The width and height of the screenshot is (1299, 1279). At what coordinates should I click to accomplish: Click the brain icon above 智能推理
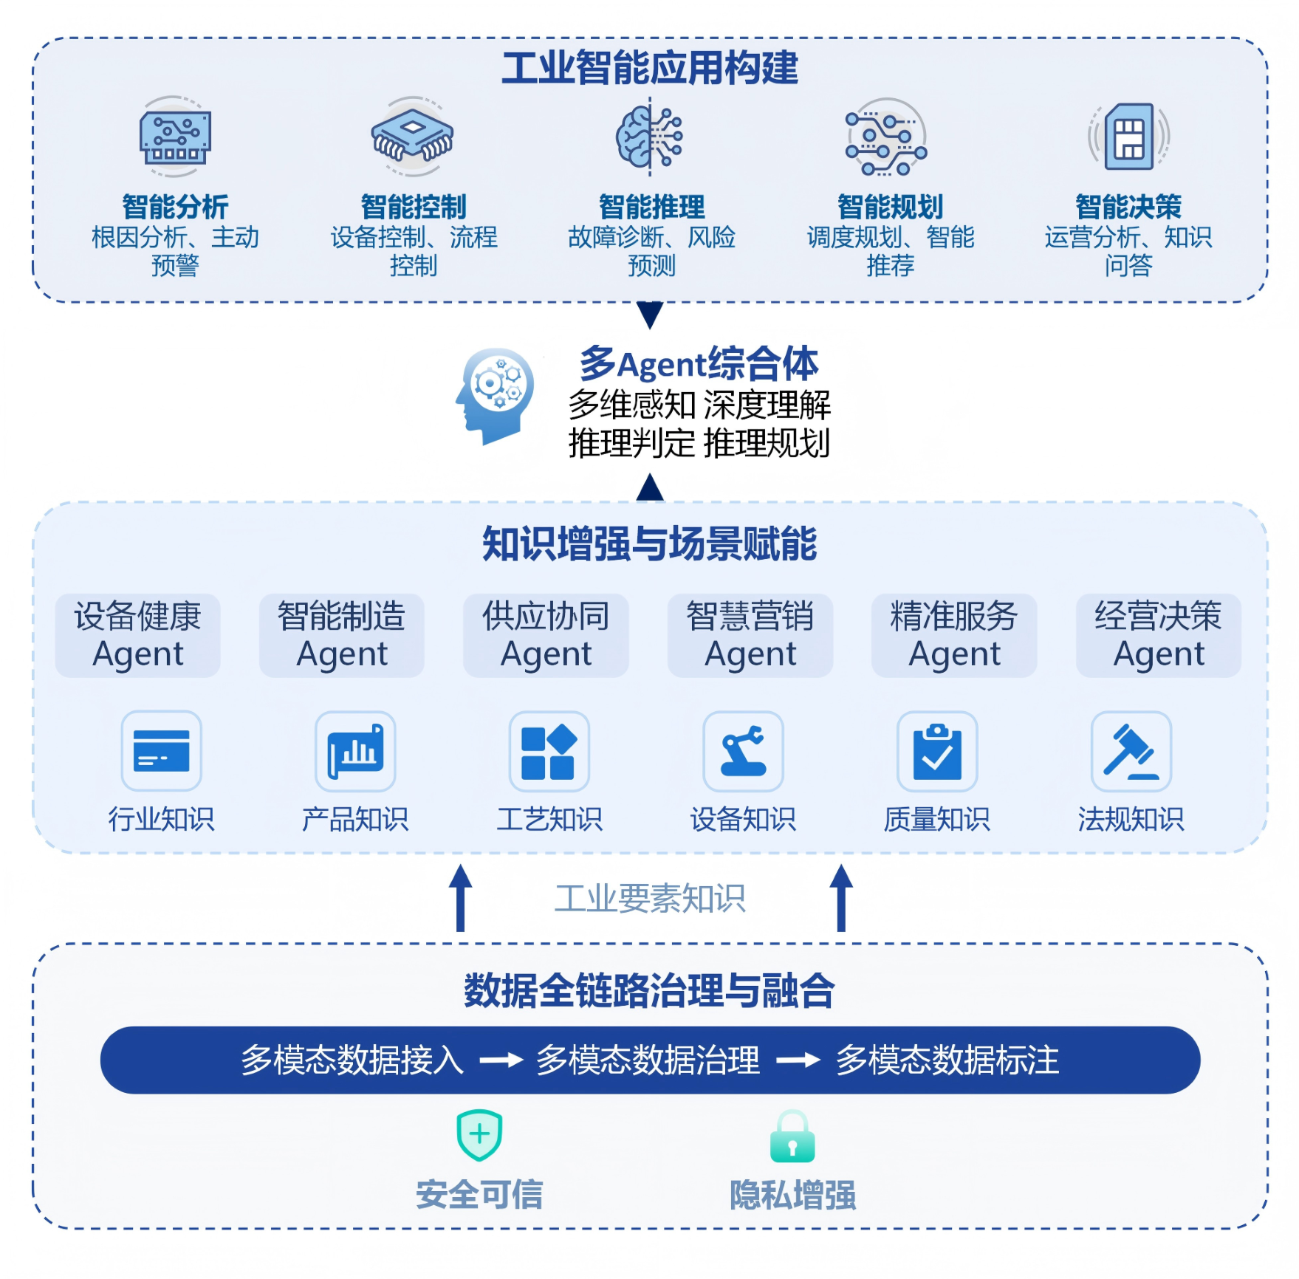tap(650, 137)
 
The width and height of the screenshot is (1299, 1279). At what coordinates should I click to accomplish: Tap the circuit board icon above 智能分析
tap(175, 137)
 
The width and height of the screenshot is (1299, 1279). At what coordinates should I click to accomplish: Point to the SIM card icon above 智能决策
tap(1128, 137)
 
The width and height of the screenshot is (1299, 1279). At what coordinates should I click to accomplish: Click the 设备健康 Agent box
tap(138, 635)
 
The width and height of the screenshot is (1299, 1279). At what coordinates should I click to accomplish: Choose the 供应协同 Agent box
tap(546, 635)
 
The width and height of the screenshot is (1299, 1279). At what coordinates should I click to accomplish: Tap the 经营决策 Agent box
tap(1158, 635)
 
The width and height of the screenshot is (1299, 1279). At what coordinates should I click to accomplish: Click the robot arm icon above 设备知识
tap(743, 751)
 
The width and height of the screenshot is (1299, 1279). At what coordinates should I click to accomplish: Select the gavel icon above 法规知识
tap(1131, 751)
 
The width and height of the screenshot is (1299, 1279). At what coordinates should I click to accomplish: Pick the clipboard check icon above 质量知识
tap(937, 751)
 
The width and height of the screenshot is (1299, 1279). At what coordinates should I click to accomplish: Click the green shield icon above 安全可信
tap(479, 1134)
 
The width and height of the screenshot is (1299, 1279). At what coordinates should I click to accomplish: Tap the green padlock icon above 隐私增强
tap(792, 1137)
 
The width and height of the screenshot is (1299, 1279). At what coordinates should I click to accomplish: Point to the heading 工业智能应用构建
tap(650, 68)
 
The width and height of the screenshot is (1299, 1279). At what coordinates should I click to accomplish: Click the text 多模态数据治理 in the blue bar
tap(648, 1060)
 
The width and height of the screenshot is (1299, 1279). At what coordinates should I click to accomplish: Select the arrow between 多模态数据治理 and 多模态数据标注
tap(798, 1060)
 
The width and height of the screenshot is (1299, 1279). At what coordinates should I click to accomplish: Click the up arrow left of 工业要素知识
tap(460, 897)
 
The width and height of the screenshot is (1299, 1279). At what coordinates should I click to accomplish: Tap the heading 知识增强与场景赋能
tap(650, 544)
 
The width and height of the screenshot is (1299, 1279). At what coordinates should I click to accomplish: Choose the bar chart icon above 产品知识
tap(355, 751)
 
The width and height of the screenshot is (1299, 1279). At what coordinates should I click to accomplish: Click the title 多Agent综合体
tap(699, 364)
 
